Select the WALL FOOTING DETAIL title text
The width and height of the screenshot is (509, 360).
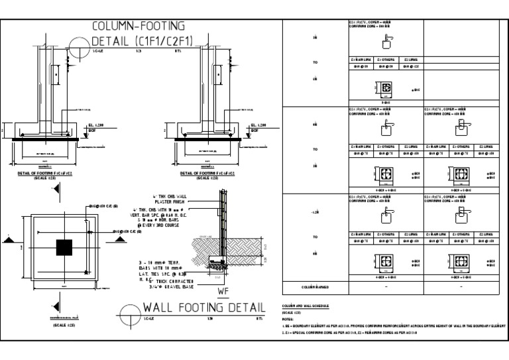(199, 310)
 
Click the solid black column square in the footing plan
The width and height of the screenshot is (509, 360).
(64, 247)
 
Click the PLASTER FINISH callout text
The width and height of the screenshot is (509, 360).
(168, 202)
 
